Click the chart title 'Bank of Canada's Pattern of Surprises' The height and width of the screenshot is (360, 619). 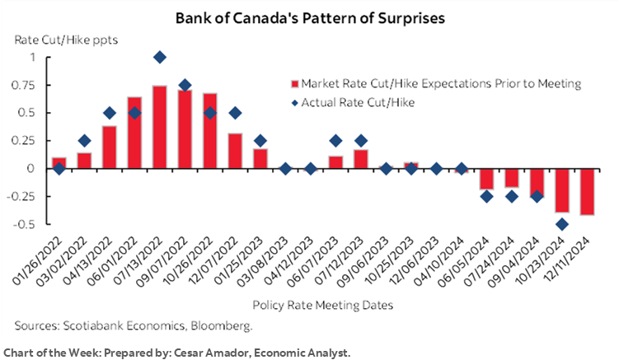[x=308, y=17]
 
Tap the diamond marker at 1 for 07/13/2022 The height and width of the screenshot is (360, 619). [x=160, y=57]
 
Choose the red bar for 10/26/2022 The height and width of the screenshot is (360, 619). [x=210, y=131]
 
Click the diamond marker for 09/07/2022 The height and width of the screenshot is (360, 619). [x=185, y=85]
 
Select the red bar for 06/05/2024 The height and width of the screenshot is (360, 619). [x=487, y=179]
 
